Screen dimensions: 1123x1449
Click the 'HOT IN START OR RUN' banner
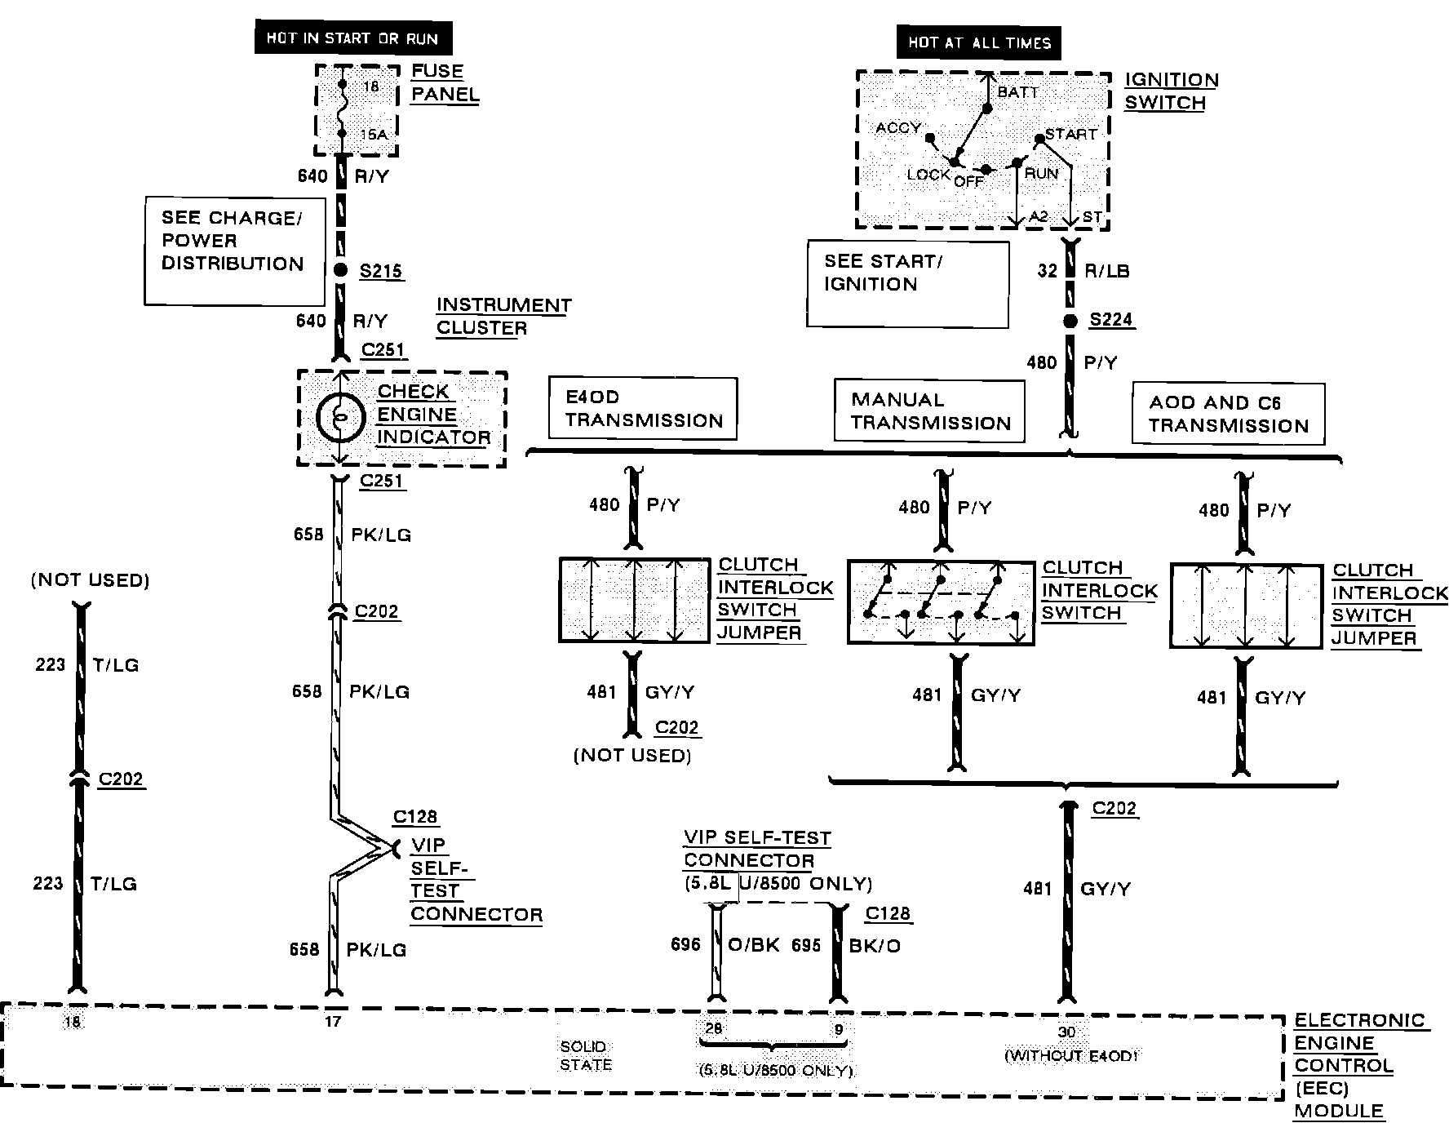[x=352, y=38]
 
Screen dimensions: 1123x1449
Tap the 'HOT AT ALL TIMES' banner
[x=978, y=43]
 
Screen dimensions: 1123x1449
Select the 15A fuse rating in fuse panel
[x=374, y=135]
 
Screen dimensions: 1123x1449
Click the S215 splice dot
[x=341, y=271]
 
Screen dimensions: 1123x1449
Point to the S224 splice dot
[x=1070, y=321]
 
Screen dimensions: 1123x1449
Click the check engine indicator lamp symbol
[x=341, y=417]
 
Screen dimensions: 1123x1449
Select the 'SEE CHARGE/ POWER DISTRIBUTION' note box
[x=234, y=250]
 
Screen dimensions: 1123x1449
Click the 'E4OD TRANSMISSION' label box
[x=643, y=409]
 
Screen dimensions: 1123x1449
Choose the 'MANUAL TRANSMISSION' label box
[x=929, y=411]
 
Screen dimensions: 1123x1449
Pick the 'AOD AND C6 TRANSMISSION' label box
[x=1228, y=414]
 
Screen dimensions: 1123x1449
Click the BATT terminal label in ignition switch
[x=1018, y=91]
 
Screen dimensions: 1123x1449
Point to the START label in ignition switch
[x=1071, y=134]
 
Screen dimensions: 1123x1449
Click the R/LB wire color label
[x=1107, y=271]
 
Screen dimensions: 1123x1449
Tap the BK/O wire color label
[x=875, y=946]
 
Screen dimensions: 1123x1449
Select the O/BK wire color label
[x=753, y=945]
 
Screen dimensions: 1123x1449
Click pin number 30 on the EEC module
[x=1066, y=1032]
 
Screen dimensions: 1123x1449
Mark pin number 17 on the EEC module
[x=332, y=1021]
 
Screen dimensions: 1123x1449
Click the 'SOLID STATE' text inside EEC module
[x=585, y=1055]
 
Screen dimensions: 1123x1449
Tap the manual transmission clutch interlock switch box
[x=941, y=602]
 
